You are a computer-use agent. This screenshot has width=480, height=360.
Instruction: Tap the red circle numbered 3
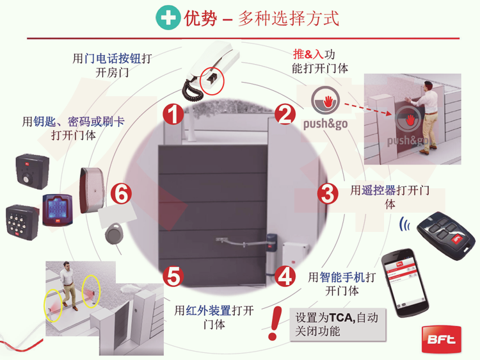[x=328, y=193]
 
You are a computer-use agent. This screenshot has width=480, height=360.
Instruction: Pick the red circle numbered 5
[x=173, y=276]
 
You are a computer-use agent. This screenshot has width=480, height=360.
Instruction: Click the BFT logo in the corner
[x=442, y=339]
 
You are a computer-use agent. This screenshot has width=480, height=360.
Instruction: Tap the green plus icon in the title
[x=168, y=18]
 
